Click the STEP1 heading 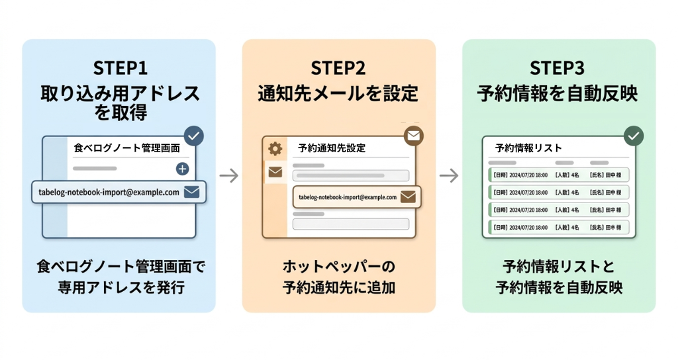click(x=120, y=68)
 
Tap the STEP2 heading click(x=338, y=68)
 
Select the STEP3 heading click(x=557, y=68)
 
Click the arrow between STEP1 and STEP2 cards click(x=228, y=175)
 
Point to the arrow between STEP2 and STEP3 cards click(x=449, y=175)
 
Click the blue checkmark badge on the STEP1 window click(x=193, y=136)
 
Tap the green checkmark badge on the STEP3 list click(x=634, y=136)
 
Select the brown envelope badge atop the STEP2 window click(x=414, y=136)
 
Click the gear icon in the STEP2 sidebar click(x=275, y=149)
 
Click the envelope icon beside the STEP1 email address click(x=191, y=193)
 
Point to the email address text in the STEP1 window click(x=109, y=193)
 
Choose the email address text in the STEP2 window click(x=348, y=197)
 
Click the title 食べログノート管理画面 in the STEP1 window click(x=126, y=148)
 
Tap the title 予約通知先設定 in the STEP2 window click(x=332, y=148)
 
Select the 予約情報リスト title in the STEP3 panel click(x=528, y=148)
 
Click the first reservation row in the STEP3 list click(x=558, y=175)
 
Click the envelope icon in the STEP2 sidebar click(x=275, y=173)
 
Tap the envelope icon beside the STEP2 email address click(x=408, y=197)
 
